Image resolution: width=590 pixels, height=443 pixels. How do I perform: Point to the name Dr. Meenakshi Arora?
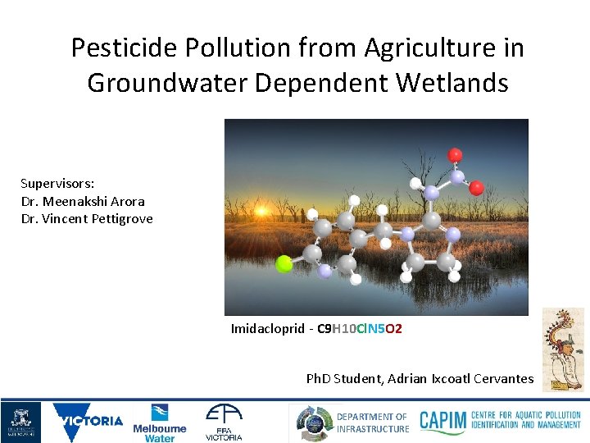pyautogui.click(x=83, y=201)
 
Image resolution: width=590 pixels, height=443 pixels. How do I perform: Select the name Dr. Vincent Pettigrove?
pyautogui.click(x=87, y=219)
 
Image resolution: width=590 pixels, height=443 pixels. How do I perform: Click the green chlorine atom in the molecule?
pyautogui.click(x=284, y=263)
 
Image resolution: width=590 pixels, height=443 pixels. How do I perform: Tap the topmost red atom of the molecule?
pyautogui.click(x=455, y=155)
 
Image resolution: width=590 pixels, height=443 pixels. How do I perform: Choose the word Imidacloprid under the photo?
pyautogui.click(x=266, y=329)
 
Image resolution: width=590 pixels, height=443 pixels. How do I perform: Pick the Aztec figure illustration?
pyautogui.click(x=564, y=349)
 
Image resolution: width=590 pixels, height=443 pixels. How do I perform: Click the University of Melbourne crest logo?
pyautogui.click(x=20, y=422)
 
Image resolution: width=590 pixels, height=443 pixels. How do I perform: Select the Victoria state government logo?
pyautogui.click(x=88, y=422)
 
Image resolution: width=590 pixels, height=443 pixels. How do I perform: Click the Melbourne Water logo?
pyautogui.click(x=160, y=422)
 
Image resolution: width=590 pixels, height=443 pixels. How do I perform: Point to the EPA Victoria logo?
pyautogui.click(x=224, y=422)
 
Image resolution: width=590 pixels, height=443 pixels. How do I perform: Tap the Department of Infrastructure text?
pyautogui.click(x=372, y=422)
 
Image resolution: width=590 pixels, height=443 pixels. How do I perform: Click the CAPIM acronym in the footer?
pyautogui.click(x=442, y=422)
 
